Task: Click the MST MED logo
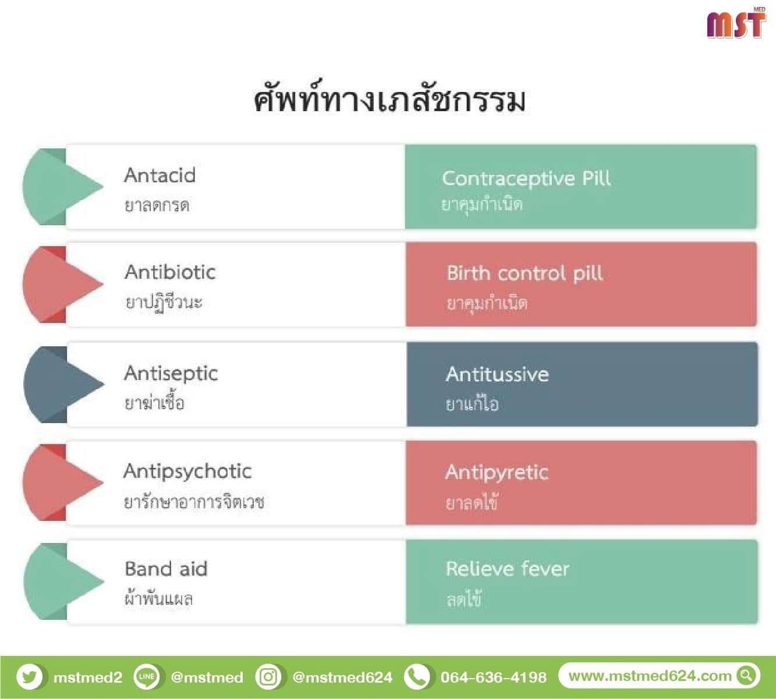click(x=736, y=23)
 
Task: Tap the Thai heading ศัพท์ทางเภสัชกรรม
click(x=389, y=97)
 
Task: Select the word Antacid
click(x=160, y=175)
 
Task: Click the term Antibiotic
click(x=170, y=272)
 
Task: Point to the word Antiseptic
click(x=171, y=374)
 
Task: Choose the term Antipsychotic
click(x=187, y=472)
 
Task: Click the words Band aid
click(x=166, y=569)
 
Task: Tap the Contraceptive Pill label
click(x=526, y=179)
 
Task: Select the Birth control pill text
click(x=525, y=274)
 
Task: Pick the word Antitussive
click(x=497, y=374)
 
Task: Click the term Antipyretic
click(x=497, y=473)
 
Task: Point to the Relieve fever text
click(x=508, y=569)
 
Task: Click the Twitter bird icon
click(x=30, y=677)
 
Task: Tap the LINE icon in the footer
click(x=146, y=677)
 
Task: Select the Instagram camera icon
click(x=268, y=677)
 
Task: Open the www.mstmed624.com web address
click(x=650, y=676)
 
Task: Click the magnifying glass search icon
click(x=746, y=676)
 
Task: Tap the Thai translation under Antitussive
click(x=472, y=403)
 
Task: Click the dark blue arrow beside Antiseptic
click(x=64, y=385)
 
